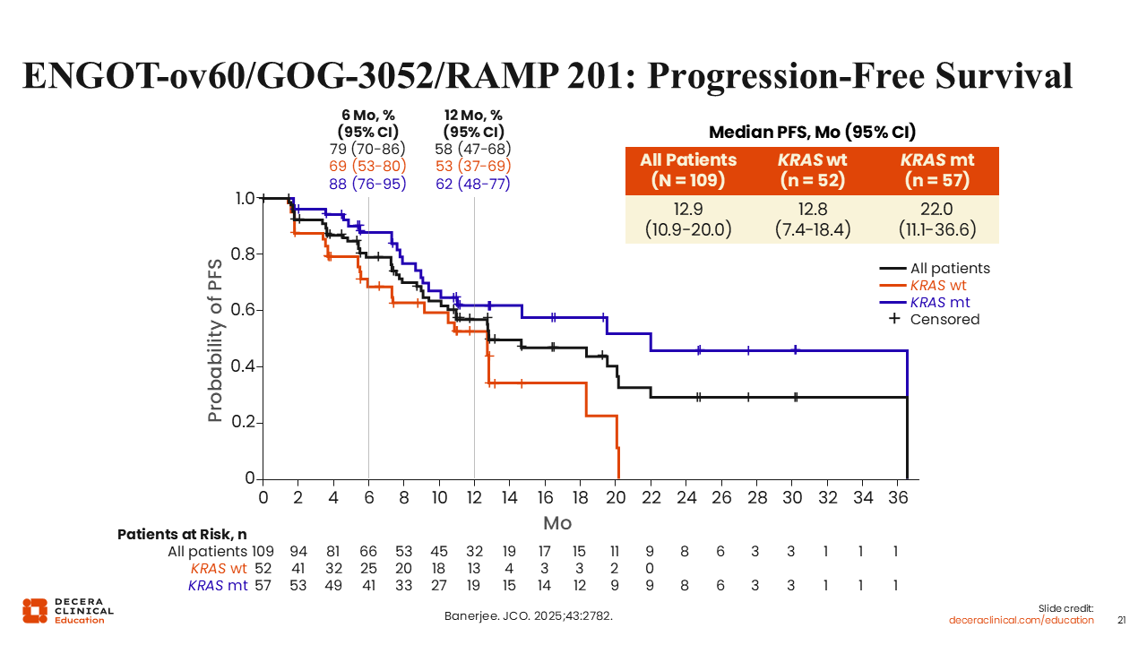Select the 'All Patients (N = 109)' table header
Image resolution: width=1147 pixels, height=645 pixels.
688,169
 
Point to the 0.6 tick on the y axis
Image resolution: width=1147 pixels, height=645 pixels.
242,310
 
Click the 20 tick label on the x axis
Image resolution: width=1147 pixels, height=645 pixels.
616,496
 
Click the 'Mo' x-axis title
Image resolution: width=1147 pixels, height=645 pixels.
557,523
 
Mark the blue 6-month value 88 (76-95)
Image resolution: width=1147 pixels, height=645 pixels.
367,184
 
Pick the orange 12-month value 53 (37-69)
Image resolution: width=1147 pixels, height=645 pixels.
472,167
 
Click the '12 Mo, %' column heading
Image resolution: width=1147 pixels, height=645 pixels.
473,115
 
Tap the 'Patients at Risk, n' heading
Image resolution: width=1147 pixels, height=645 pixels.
182,534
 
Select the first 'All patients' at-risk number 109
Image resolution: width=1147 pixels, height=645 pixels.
263,552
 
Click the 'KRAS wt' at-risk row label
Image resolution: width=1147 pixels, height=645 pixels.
219,569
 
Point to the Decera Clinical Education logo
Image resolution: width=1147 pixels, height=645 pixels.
68,610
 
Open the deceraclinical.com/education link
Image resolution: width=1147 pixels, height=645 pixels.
1022,620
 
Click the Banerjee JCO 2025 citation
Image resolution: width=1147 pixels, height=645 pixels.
529,616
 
